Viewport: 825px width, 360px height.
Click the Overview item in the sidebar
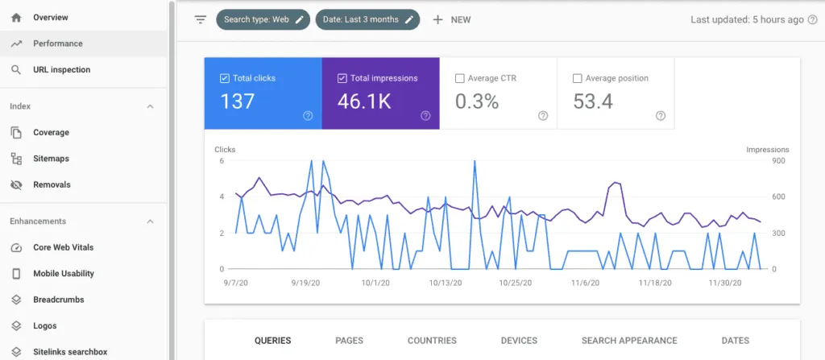point(50,17)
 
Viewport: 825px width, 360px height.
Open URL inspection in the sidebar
point(61,70)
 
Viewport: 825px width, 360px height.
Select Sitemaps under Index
point(51,159)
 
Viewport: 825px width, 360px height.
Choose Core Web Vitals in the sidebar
point(62,247)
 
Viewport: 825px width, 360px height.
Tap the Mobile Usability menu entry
point(63,274)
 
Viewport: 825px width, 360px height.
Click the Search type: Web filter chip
point(263,19)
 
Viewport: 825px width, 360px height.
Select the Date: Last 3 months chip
point(367,19)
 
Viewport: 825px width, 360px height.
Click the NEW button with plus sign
point(452,19)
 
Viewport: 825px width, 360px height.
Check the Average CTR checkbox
point(460,79)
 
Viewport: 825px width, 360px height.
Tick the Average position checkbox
point(577,79)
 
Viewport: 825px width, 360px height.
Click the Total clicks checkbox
point(225,79)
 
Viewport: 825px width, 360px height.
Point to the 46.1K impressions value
point(364,101)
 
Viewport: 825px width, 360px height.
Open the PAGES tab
point(349,341)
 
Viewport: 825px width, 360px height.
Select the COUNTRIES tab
point(432,341)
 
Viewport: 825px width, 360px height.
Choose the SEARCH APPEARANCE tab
point(629,341)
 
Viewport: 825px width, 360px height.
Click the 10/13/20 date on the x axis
point(446,283)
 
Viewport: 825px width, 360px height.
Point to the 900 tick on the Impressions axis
point(757,161)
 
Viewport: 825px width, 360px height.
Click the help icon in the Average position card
point(661,116)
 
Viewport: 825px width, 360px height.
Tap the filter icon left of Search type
point(201,19)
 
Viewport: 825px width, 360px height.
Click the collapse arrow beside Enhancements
point(150,221)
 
